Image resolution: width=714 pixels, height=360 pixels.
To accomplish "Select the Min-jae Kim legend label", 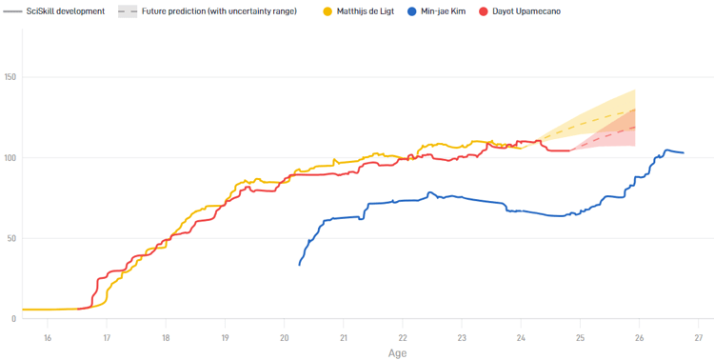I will tap(444, 11).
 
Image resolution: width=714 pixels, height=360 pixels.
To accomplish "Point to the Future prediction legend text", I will tap(218, 11).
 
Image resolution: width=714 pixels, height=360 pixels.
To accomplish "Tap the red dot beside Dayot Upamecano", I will tap(484, 11).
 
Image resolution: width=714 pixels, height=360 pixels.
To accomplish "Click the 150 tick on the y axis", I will tap(11, 77).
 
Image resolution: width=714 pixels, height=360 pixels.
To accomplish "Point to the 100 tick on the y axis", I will tap(11, 157).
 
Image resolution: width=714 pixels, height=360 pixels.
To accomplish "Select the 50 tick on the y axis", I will tap(13, 238).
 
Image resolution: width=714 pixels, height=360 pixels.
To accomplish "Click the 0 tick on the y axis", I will tap(15, 319).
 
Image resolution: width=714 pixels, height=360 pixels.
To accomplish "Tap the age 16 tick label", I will tap(48, 337).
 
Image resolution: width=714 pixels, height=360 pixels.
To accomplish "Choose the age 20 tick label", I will tap(284, 337).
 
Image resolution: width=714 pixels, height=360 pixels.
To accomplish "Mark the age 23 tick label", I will tap(462, 337).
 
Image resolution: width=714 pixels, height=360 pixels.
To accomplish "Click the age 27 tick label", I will tap(698, 337).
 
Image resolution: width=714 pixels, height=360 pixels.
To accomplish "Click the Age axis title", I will tap(398, 352).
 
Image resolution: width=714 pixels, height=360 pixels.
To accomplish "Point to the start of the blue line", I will tap(300, 265).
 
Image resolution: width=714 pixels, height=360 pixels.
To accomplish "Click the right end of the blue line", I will tap(684, 153).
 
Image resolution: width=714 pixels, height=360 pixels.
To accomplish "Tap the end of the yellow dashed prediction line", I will tap(635, 110).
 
